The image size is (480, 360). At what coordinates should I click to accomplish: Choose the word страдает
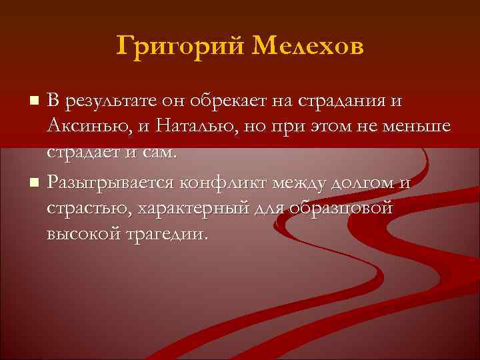(86, 152)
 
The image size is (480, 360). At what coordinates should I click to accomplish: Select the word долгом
(365, 183)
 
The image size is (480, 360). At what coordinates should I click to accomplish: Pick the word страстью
(88, 209)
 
